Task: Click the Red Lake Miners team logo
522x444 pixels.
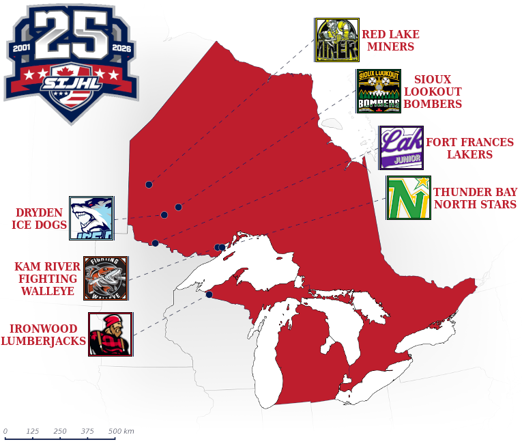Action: pyautogui.click(x=337, y=40)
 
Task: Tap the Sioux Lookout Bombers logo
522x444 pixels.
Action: pyautogui.click(x=379, y=91)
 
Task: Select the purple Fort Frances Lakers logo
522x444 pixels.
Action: pyautogui.click(x=401, y=148)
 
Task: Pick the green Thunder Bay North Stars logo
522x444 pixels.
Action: pyautogui.click(x=409, y=198)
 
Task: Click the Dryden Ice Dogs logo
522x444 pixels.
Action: pyautogui.click(x=91, y=219)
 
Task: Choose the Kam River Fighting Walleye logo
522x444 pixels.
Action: pyautogui.click(x=106, y=278)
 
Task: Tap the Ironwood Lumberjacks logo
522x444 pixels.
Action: pyautogui.click(x=111, y=334)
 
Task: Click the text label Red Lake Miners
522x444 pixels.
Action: pyautogui.click(x=390, y=40)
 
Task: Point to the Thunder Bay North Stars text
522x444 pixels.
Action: pyautogui.click(x=474, y=198)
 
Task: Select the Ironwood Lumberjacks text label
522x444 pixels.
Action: pyautogui.click(x=43, y=335)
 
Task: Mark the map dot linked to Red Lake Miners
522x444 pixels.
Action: pyautogui.click(x=149, y=184)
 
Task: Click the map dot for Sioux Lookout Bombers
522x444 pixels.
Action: pyautogui.click(x=178, y=207)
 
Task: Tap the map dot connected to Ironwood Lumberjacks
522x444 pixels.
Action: pyautogui.click(x=209, y=295)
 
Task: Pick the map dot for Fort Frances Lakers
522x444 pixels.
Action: pyautogui.click(x=156, y=243)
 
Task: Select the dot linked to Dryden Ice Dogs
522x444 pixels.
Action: pyautogui.click(x=164, y=215)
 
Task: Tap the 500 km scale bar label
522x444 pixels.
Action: pyautogui.click(x=121, y=431)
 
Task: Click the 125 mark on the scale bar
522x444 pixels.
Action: pyautogui.click(x=32, y=431)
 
